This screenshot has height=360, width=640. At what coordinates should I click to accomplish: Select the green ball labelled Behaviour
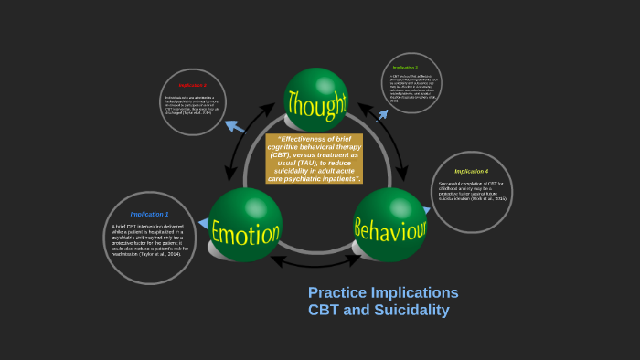click(x=390, y=227)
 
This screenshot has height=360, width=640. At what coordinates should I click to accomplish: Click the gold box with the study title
click(x=315, y=158)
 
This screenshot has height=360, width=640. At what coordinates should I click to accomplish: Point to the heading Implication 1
click(x=149, y=214)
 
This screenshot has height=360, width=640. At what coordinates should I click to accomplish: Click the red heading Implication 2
click(x=192, y=85)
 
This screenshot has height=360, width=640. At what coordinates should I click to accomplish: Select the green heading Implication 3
click(x=405, y=68)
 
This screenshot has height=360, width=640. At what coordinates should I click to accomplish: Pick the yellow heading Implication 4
click(x=472, y=171)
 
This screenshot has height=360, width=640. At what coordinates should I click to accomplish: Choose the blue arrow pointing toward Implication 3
click(x=379, y=115)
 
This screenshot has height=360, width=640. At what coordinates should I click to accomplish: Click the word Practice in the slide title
click(x=337, y=292)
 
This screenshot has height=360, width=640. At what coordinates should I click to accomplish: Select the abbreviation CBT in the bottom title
click(x=324, y=310)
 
